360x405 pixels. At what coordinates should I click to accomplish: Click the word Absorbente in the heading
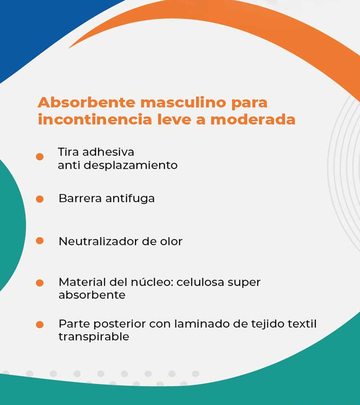coord(86,102)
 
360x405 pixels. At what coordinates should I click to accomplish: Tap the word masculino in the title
coord(183,102)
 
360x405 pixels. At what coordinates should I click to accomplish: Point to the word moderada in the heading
coord(253,120)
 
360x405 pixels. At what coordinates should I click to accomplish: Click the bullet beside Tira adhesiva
coord(40,157)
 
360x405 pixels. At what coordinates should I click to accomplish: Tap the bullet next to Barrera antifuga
coord(40,199)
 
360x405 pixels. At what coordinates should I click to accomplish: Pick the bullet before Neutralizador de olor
coord(40,241)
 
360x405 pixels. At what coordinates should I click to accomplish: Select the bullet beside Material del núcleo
coord(40,283)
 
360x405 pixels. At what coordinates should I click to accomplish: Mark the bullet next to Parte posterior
coord(40,324)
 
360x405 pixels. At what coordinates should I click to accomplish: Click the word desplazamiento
coord(130,166)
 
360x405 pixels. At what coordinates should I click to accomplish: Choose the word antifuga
coord(130,198)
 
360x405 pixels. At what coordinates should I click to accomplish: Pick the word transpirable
coord(94,337)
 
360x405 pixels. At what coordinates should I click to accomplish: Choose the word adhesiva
coord(108,152)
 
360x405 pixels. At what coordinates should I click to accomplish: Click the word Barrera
coord(80,198)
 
